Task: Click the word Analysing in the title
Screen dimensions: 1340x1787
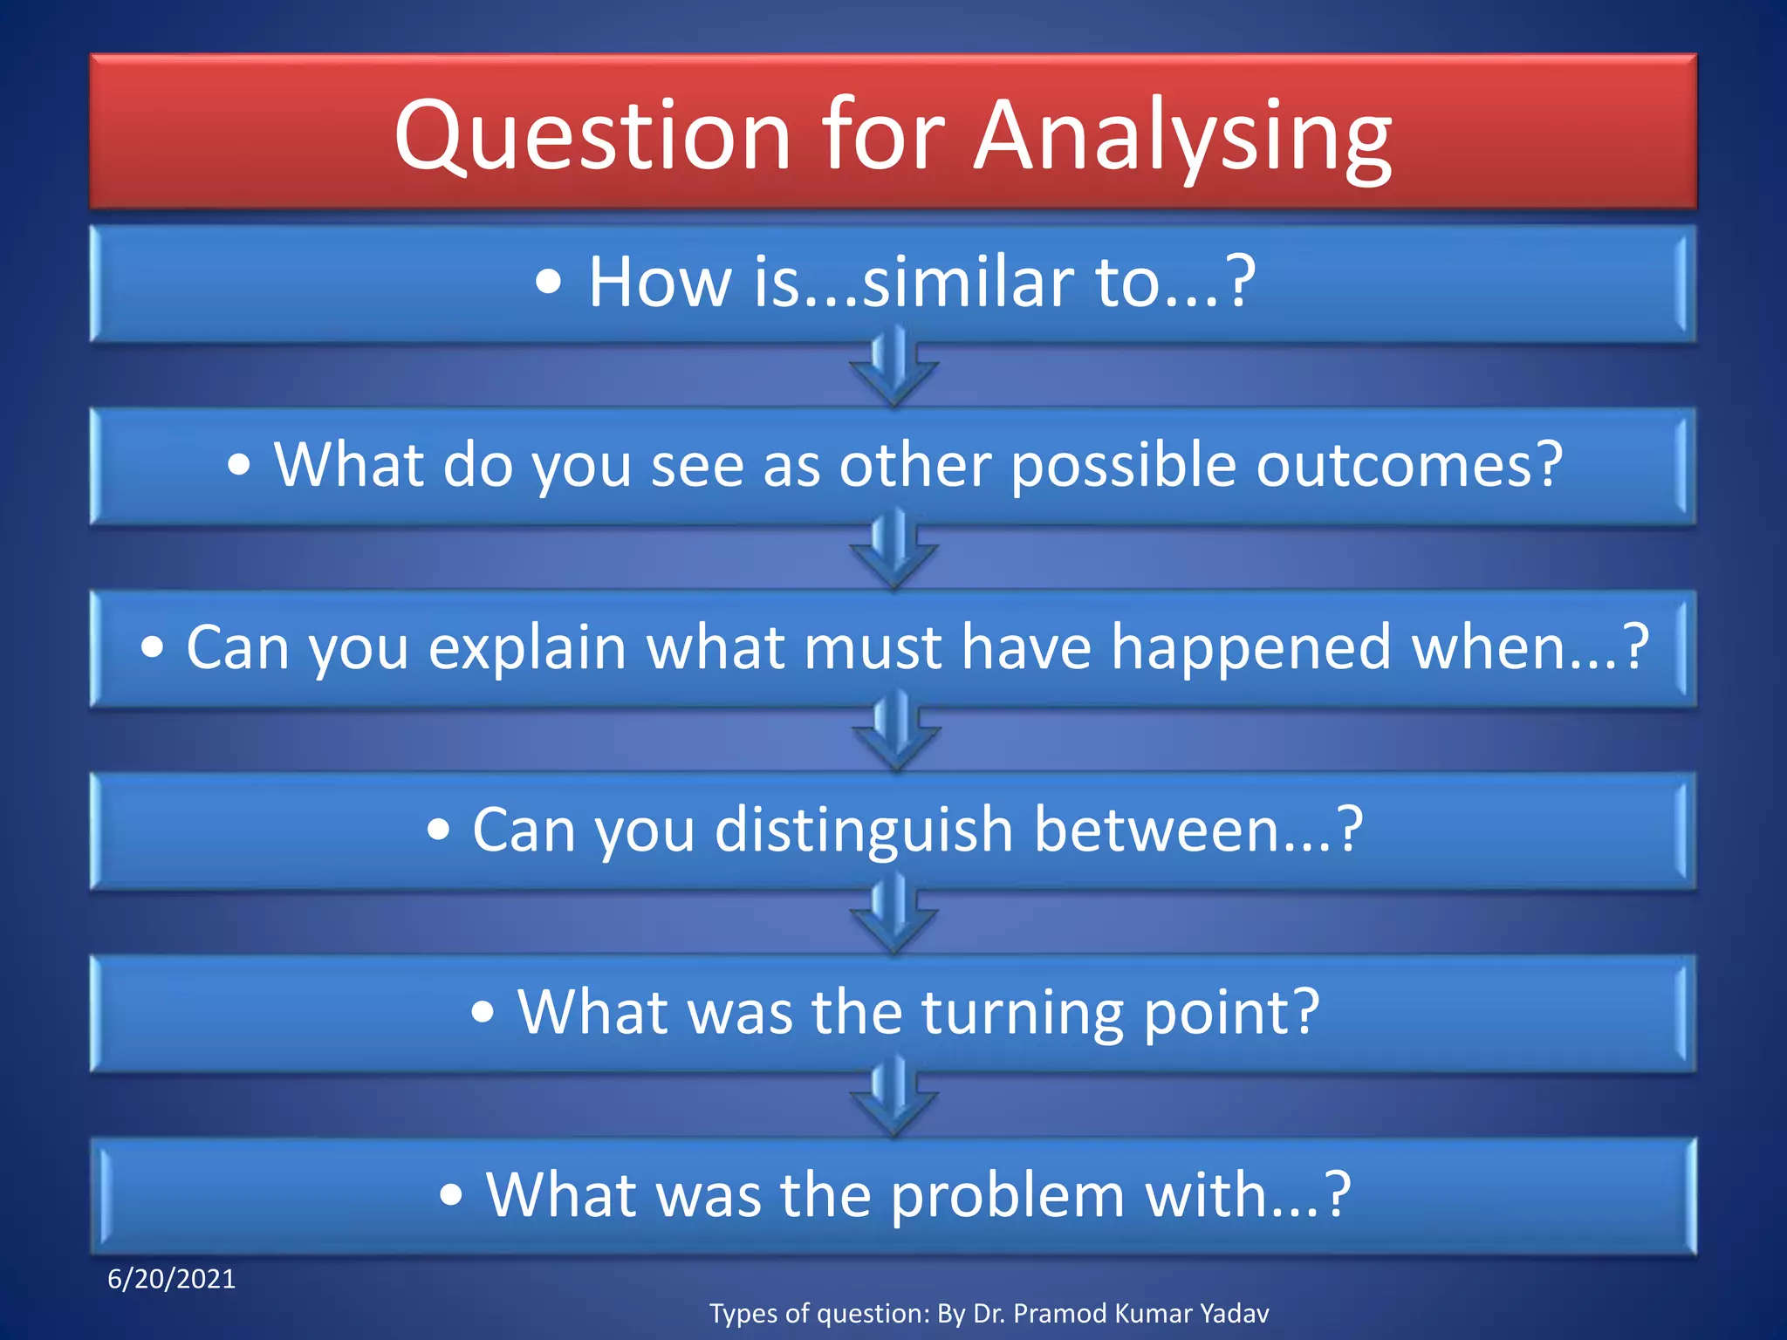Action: pos(1182,138)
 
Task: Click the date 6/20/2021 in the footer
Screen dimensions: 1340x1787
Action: pos(171,1279)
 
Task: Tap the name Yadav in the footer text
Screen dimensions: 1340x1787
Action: pos(1234,1313)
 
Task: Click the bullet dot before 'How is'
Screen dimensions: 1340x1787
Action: pos(548,283)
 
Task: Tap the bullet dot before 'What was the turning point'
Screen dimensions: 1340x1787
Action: pos(483,1013)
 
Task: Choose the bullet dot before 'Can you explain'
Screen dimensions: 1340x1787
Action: pos(153,648)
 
